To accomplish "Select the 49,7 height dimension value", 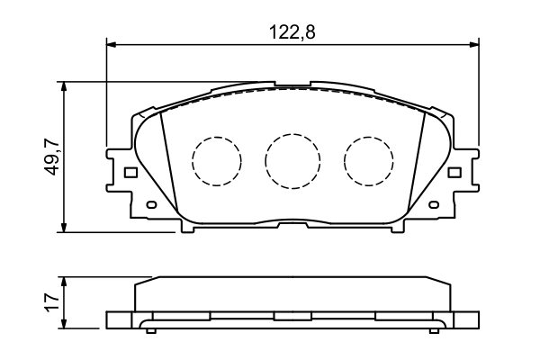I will tap(53, 157).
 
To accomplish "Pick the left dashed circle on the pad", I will tap(217, 161).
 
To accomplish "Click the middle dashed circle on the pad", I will tap(292, 161).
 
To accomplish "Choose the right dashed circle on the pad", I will tap(368, 161).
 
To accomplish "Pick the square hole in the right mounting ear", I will tap(455, 172).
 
